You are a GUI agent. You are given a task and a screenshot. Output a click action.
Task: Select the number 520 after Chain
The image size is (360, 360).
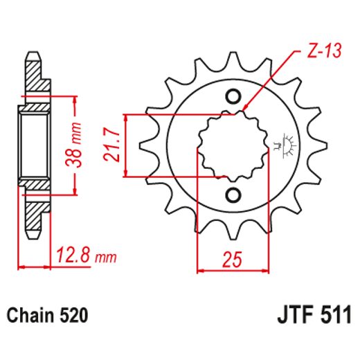[74, 316]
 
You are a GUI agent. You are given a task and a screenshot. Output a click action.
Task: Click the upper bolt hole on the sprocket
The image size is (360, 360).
[232, 96]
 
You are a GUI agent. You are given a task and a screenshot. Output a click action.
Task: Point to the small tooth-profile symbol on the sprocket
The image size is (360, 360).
[282, 144]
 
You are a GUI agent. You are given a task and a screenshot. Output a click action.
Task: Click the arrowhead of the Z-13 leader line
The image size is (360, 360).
[246, 109]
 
